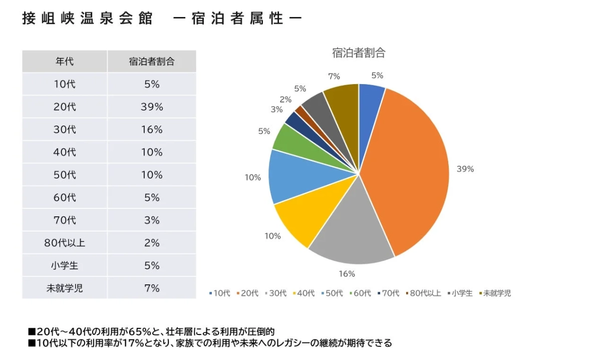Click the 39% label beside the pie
(465, 169)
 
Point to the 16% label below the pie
(347, 274)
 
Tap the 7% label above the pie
(334, 76)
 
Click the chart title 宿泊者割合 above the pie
(359, 52)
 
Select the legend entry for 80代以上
(423, 293)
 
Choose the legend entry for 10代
(219, 293)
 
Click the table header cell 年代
(65, 62)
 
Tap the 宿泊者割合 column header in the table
(151, 62)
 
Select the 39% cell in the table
(151, 107)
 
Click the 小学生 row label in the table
(65, 265)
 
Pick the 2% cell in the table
(151, 243)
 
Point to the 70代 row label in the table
(65, 220)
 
